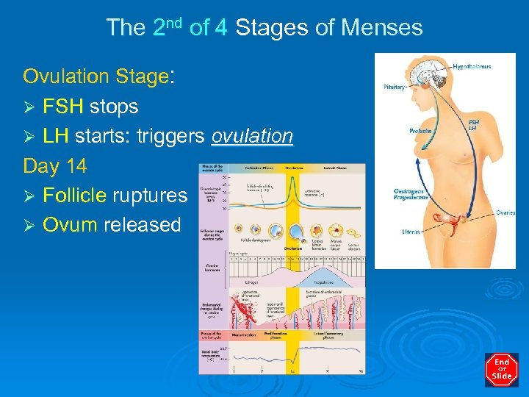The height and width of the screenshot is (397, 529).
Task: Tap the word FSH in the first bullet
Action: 63,107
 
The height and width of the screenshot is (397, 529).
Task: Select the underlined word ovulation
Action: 252,136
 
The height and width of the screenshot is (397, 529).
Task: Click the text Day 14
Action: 55,166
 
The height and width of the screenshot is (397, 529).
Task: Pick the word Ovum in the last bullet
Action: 70,225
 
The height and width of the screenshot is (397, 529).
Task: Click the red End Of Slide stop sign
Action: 502,370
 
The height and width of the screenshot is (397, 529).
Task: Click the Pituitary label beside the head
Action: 394,87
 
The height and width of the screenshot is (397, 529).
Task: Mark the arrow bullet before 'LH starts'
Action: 30,137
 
